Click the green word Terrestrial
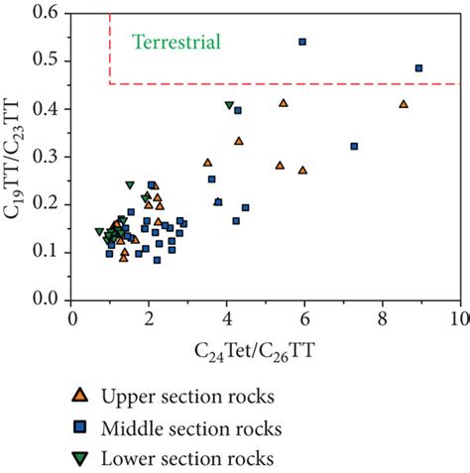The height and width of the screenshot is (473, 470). coord(176,42)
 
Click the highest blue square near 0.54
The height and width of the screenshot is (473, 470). coord(302,42)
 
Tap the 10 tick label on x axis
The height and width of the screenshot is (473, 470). coord(458,318)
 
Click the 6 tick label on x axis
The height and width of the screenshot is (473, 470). coord(303,318)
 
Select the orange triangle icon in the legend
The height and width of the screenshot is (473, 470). coord(80,396)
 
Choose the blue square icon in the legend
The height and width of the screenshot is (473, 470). coord(80,427)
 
